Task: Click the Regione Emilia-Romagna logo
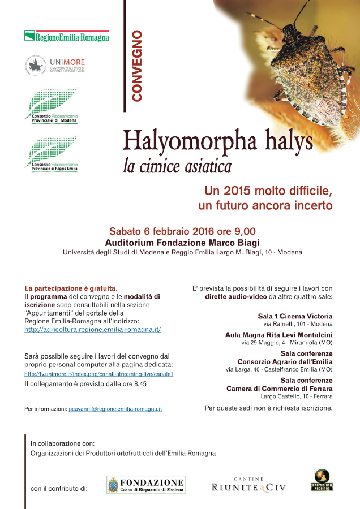coord(67,36)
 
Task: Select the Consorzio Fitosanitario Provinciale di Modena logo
coord(52,106)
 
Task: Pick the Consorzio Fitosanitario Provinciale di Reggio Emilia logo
coord(52,154)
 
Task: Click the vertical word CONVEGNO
coord(136,66)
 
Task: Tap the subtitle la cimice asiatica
coord(177,167)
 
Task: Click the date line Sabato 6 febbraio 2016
coord(182,231)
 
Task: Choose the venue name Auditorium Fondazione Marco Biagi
coord(182,242)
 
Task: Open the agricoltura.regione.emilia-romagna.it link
coord(93,329)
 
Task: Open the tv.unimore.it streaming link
coord(98,374)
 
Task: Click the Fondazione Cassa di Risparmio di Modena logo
coord(146,485)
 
